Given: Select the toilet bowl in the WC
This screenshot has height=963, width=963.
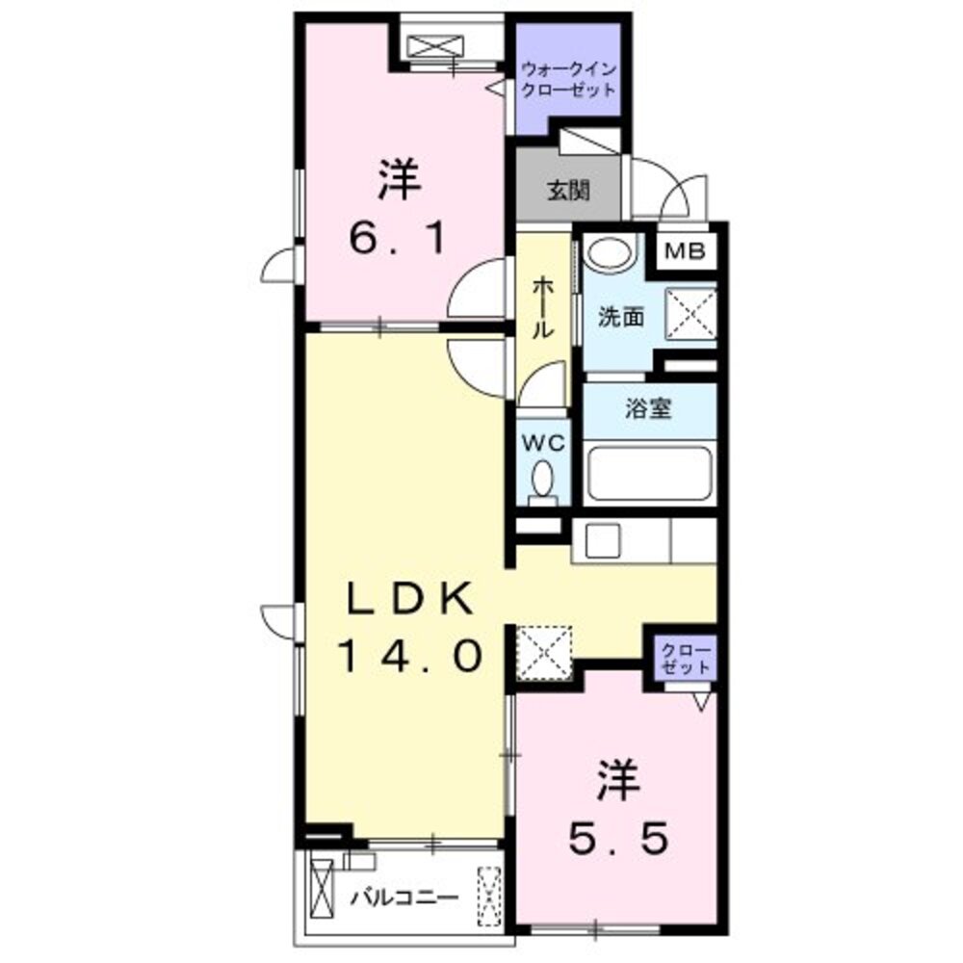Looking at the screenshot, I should [543, 478].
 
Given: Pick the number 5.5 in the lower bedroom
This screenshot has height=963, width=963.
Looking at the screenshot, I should [616, 841].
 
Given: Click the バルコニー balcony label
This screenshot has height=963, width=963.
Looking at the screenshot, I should [403, 898].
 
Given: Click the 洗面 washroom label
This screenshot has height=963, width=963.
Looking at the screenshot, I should [620, 317].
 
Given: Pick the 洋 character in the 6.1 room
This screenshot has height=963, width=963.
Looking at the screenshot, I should [398, 179].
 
